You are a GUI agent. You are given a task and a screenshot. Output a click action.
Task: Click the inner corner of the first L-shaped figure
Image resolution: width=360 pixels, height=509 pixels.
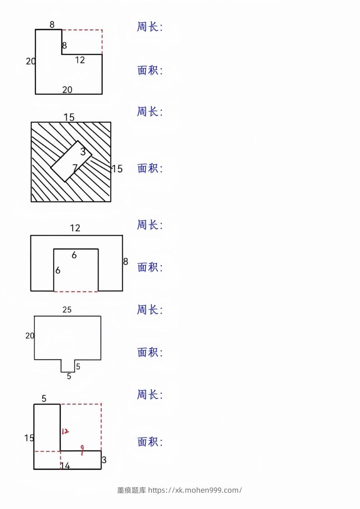click(62, 54)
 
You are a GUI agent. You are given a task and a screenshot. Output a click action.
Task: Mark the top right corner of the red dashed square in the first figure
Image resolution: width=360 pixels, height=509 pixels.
click(102, 30)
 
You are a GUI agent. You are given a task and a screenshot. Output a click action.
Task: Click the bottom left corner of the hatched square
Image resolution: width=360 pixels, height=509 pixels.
click(31, 201)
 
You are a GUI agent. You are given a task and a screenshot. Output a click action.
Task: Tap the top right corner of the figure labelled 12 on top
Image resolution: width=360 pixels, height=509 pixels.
click(123, 235)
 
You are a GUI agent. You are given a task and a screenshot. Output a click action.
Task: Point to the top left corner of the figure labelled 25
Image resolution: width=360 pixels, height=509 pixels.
click(35, 316)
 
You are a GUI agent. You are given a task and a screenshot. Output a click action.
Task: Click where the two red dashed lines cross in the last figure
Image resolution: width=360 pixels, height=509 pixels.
click(60, 451)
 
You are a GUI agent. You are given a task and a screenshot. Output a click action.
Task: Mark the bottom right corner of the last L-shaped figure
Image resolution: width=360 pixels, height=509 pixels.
click(101, 469)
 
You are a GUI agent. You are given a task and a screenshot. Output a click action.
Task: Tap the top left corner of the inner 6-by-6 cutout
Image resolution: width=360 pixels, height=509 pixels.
click(54, 249)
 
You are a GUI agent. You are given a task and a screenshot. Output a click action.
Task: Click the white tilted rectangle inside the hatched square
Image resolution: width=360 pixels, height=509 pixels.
click(71, 161)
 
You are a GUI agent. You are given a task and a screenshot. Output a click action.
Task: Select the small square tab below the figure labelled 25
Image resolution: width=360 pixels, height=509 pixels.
click(68, 366)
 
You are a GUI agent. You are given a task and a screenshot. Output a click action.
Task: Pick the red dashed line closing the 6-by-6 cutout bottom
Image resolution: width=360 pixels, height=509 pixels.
click(76, 291)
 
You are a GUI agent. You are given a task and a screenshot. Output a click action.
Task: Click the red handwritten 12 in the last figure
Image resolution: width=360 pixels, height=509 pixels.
click(65, 431)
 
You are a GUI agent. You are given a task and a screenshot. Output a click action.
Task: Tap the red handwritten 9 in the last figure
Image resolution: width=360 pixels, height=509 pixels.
click(82, 450)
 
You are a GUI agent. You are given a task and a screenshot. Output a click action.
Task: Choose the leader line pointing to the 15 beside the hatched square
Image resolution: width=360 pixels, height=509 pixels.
click(101, 164)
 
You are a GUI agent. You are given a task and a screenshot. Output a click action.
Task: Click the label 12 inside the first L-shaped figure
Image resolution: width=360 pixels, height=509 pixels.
click(80, 60)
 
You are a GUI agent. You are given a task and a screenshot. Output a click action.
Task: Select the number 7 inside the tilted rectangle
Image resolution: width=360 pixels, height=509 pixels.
click(75, 168)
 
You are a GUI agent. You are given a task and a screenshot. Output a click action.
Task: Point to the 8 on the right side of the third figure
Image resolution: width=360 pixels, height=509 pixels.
click(126, 261)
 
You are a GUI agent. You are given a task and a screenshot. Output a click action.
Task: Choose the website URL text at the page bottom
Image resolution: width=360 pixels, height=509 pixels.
click(195, 490)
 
